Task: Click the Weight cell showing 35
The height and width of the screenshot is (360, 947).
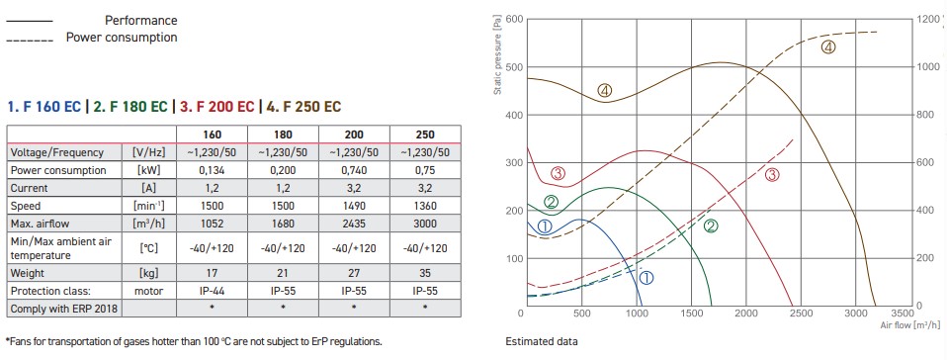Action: (x=425, y=273)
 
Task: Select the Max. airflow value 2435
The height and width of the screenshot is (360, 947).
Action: (x=354, y=224)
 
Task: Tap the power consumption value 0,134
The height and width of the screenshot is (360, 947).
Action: (x=212, y=170)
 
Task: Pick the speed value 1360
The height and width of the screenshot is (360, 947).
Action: (x=425, y=206)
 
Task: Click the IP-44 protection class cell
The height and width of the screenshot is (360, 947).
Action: (x=212, y=291)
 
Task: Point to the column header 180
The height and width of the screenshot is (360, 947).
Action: (x=283, y=135)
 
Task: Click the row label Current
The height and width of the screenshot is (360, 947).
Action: (x=29, y=188)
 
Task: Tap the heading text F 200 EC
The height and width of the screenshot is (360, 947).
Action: (x=218, y=107)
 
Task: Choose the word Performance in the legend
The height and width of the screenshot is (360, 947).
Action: (x=141, y=21)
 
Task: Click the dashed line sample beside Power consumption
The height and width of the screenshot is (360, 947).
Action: (x=30, y=42)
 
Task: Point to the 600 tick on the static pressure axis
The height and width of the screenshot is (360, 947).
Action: (x=515, y=19)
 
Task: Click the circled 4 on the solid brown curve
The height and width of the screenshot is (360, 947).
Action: (x=605, y=91)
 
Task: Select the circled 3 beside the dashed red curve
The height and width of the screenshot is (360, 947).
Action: (x=772, y=175)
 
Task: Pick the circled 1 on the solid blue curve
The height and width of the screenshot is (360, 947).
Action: (x=544, y=226)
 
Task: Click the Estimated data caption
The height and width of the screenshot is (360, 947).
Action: (x=541, y=341)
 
